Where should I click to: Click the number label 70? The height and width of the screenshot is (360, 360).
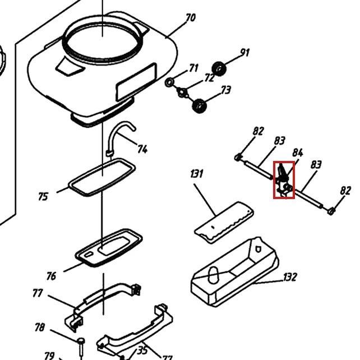pyautogui.click(x=190, y=18)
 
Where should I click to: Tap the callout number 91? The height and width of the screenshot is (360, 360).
pyautogui.click(x=244, y=53)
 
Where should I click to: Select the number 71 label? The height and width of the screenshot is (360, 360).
pyautogui.click(x=193, y=68)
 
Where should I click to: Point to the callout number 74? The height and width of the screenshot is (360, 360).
pyautogui.click(x=142, y=149)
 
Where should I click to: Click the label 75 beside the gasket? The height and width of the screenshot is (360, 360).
pyautogui.click(x=43, y=197)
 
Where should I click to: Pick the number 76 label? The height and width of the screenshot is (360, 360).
pyautogui.click(x=51, y=276)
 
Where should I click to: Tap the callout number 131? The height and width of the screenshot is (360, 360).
pyautogui.click(x=197, y=174)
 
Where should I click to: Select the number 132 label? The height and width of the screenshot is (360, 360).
pyautogui.click(x=290, y=277)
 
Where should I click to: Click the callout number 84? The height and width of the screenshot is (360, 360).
pyautogui.click(x=298, y=153)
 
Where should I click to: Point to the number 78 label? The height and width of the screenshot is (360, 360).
pyautogui.click(x=40, y=327)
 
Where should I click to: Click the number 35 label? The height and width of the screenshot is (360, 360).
pyautogui.click(x=142, y=350)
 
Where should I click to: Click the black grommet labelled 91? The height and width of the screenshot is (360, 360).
pyautogui.click(x=219, y=68)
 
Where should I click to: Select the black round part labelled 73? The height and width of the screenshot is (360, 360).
pyautogui.click(x=199, y=106)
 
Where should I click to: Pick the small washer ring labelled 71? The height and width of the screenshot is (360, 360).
pyautogui.click(x=169, y=82)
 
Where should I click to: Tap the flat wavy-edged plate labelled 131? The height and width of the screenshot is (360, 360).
pyautogui.click(x=224, y=223)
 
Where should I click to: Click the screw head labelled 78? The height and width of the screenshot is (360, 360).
pyautogui.click(x=81, y=340)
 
